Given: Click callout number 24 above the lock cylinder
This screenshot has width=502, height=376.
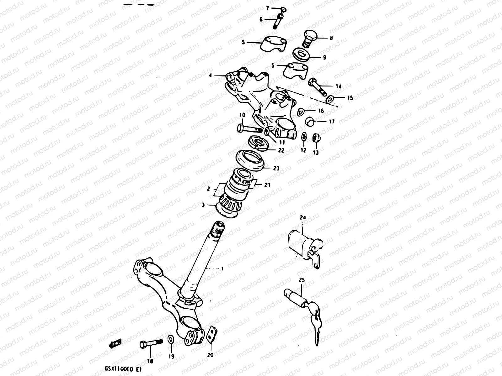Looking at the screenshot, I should tap(302, 217).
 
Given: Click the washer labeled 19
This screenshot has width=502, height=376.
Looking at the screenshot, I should tap(171, 339).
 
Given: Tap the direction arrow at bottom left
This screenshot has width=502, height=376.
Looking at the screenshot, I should tap(115, 344).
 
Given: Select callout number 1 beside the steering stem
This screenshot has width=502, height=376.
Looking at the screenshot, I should tap(222, 269).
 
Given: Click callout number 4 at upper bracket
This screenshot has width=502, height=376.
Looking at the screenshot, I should tap(210, 75).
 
